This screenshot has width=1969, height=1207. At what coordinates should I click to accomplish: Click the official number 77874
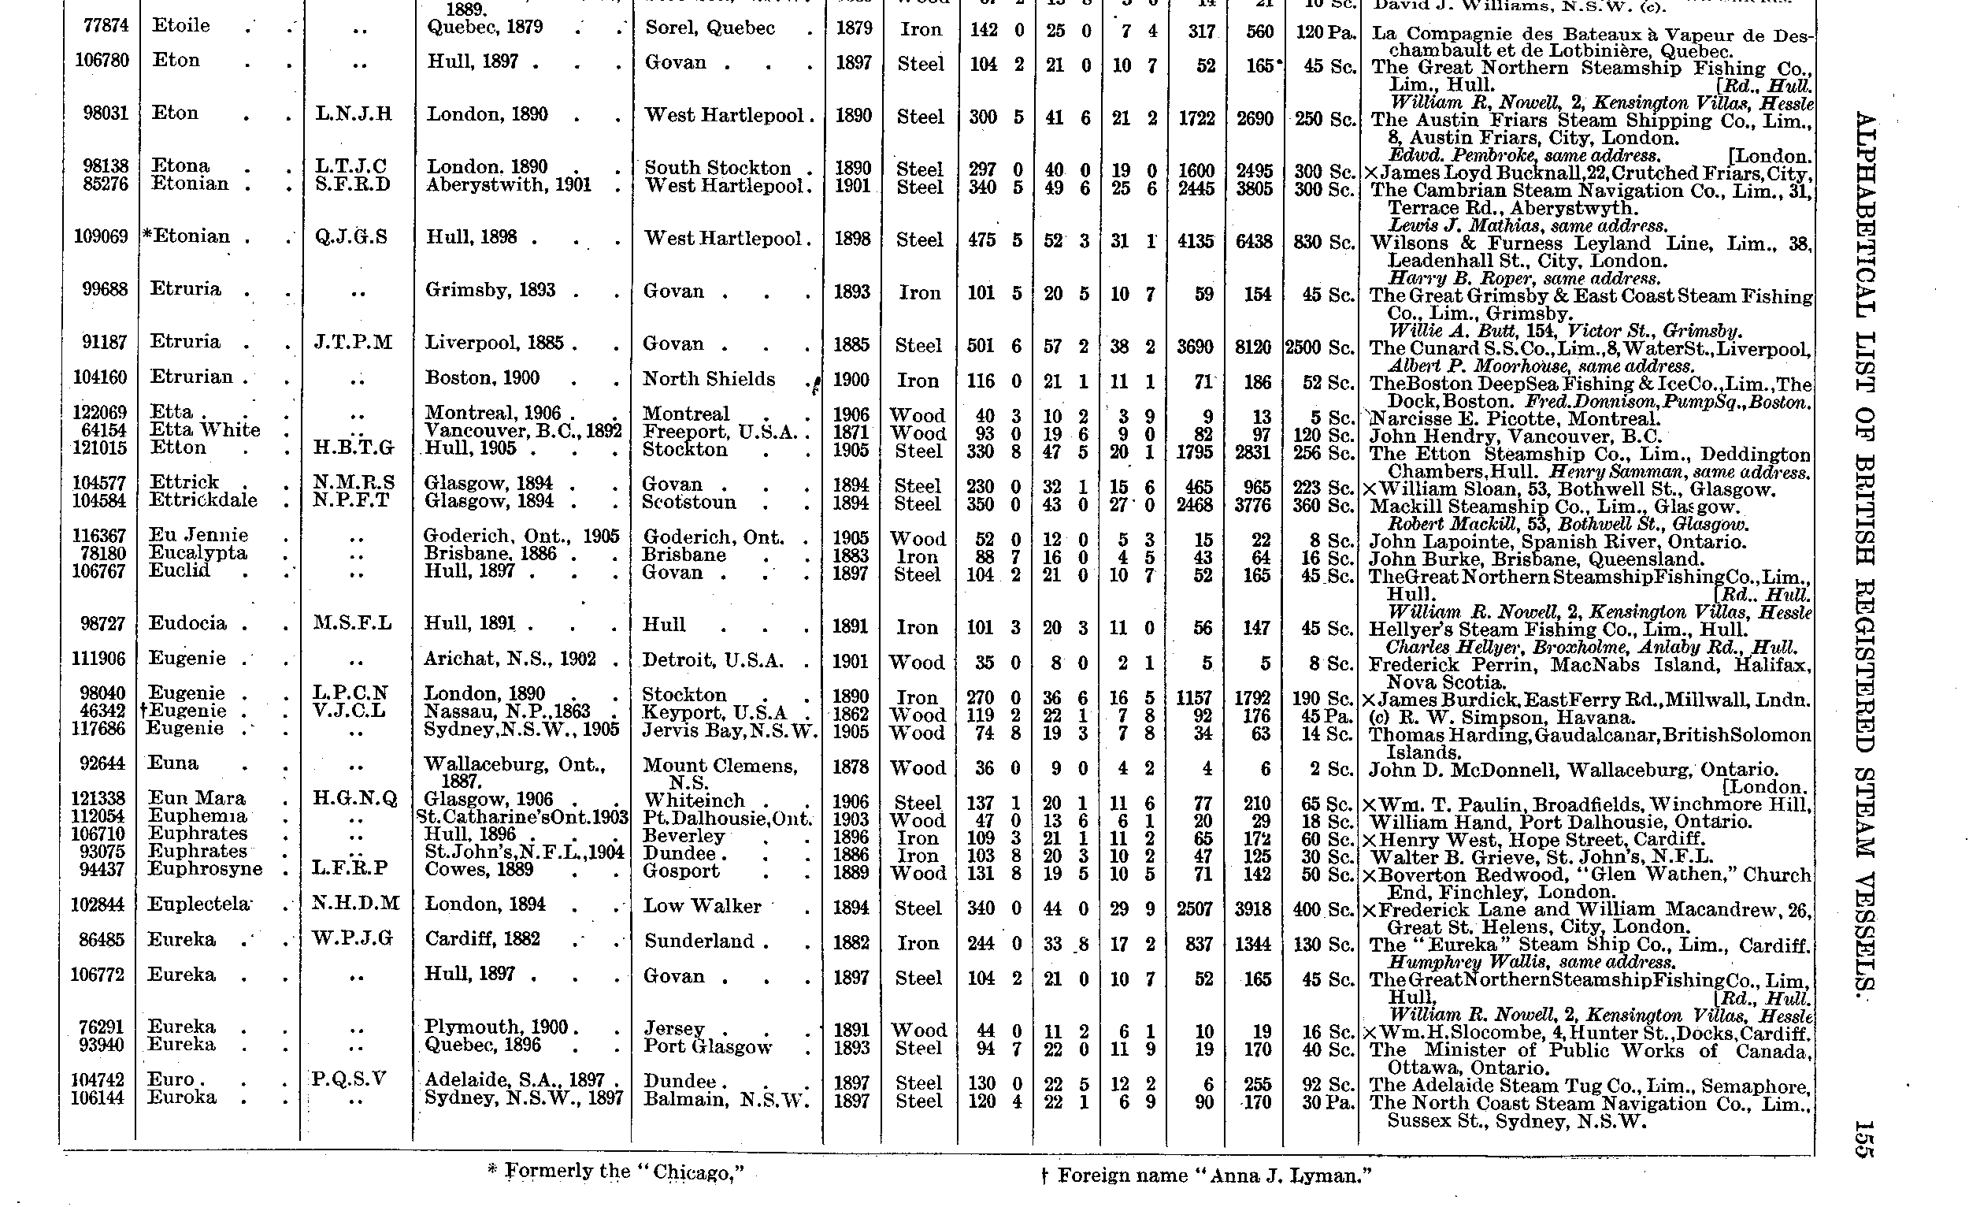[106, 25]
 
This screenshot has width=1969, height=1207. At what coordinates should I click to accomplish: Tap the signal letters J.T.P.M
[352, 343]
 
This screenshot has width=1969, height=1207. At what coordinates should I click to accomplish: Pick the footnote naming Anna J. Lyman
[1207, 1175]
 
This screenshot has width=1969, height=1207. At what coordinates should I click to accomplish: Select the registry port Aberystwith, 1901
[508, 184]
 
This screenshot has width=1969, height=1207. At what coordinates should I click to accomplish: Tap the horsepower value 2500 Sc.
[1318, 347]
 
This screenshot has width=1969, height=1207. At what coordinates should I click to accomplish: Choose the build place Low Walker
[703, 907]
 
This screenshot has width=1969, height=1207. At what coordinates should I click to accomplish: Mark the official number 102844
[99, 904]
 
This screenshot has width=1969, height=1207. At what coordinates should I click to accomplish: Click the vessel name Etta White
[205, 430]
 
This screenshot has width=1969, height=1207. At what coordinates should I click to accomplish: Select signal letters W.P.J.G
[352, 939]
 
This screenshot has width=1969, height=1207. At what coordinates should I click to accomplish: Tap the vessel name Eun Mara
[197, 798]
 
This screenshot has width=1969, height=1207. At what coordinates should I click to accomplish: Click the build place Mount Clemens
[720, 767]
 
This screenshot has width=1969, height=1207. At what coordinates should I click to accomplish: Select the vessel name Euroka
[181, 1097]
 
